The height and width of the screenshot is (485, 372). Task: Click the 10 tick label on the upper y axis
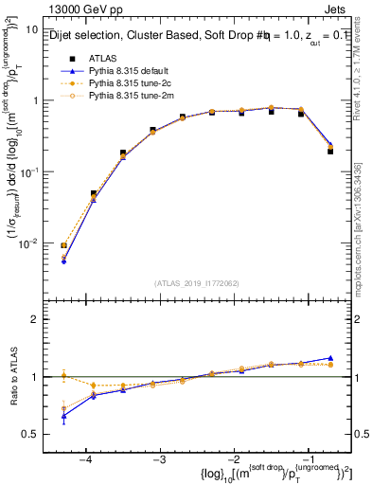click(x=31, y=29)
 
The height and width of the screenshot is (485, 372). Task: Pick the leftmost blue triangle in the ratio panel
click(x=63, y=416)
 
